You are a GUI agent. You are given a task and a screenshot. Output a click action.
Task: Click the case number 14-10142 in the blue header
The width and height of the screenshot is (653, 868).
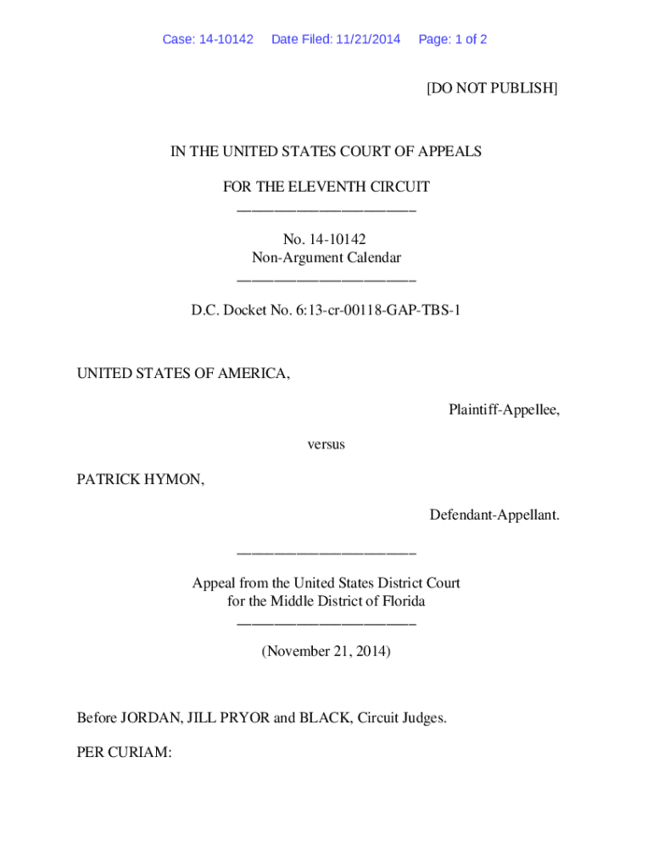coord(225,39)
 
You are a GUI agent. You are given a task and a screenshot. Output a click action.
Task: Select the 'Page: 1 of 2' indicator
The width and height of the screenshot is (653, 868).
coord(453,39)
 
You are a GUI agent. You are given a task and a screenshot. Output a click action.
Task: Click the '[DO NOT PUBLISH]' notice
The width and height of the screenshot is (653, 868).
coord(492,88)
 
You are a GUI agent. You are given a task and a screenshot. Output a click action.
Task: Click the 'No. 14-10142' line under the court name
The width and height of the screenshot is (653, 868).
coord(326,240)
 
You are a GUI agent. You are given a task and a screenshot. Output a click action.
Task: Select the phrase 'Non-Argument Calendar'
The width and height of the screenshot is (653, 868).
coord(326,258)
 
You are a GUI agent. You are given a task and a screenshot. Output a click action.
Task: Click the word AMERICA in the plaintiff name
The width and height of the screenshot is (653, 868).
coord(254,374)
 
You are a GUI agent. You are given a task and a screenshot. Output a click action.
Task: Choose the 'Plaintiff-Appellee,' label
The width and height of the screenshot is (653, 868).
coord(504,410)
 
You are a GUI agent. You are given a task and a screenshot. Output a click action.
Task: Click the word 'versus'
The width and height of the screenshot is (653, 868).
coord(326,443)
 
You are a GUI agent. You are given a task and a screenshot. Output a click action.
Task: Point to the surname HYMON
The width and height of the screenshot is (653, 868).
coord(176,480)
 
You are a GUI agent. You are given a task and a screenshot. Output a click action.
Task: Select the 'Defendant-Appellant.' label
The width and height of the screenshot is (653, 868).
coord(494,515)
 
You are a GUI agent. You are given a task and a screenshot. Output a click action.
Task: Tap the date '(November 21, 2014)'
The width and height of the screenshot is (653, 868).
coord(326,651)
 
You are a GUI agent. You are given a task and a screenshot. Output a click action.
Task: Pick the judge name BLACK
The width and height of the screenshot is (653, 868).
coord(322,718)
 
